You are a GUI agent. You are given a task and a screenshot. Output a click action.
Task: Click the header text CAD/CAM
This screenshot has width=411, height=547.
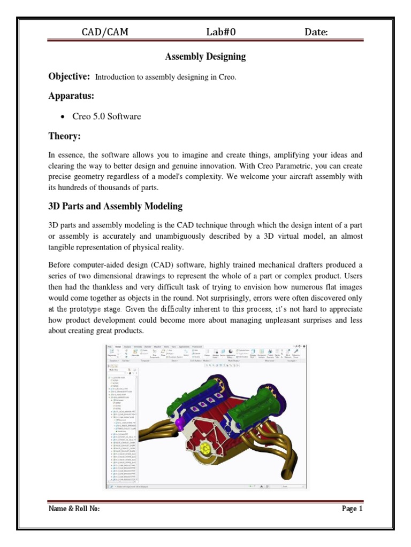pyautogui.click(x=104, y=33)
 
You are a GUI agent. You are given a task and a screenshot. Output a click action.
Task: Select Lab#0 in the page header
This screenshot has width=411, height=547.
pyautogui.click(x=221, y=33)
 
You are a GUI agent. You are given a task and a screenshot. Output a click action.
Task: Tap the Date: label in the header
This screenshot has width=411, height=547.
pyautogui.click(x=316, y=33)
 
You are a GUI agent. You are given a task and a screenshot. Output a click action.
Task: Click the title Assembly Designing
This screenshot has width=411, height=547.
pyautogui.click(x=205, y=56)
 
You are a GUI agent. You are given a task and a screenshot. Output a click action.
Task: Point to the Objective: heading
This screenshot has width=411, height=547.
pyautogui.click(x=69, y=76)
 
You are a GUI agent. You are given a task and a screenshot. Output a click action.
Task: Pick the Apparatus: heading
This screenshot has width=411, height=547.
pyautogui.click(x=71, y=96)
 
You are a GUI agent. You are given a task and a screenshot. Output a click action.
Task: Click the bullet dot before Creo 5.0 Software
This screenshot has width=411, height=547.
pyautogui.click(x=63, y=117)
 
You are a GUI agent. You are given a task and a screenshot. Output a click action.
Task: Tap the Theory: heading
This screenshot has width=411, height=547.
pyautogui.click(x=64, y=137)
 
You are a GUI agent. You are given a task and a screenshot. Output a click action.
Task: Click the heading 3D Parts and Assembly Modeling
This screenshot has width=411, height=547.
pyautogui.click(x=116, y=206)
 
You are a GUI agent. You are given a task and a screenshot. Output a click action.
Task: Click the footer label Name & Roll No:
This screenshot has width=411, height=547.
pyautogui.click(x=74, y=509)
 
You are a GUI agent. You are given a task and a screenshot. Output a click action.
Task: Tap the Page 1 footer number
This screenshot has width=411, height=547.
pyautogui.click(x=352, y=509)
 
